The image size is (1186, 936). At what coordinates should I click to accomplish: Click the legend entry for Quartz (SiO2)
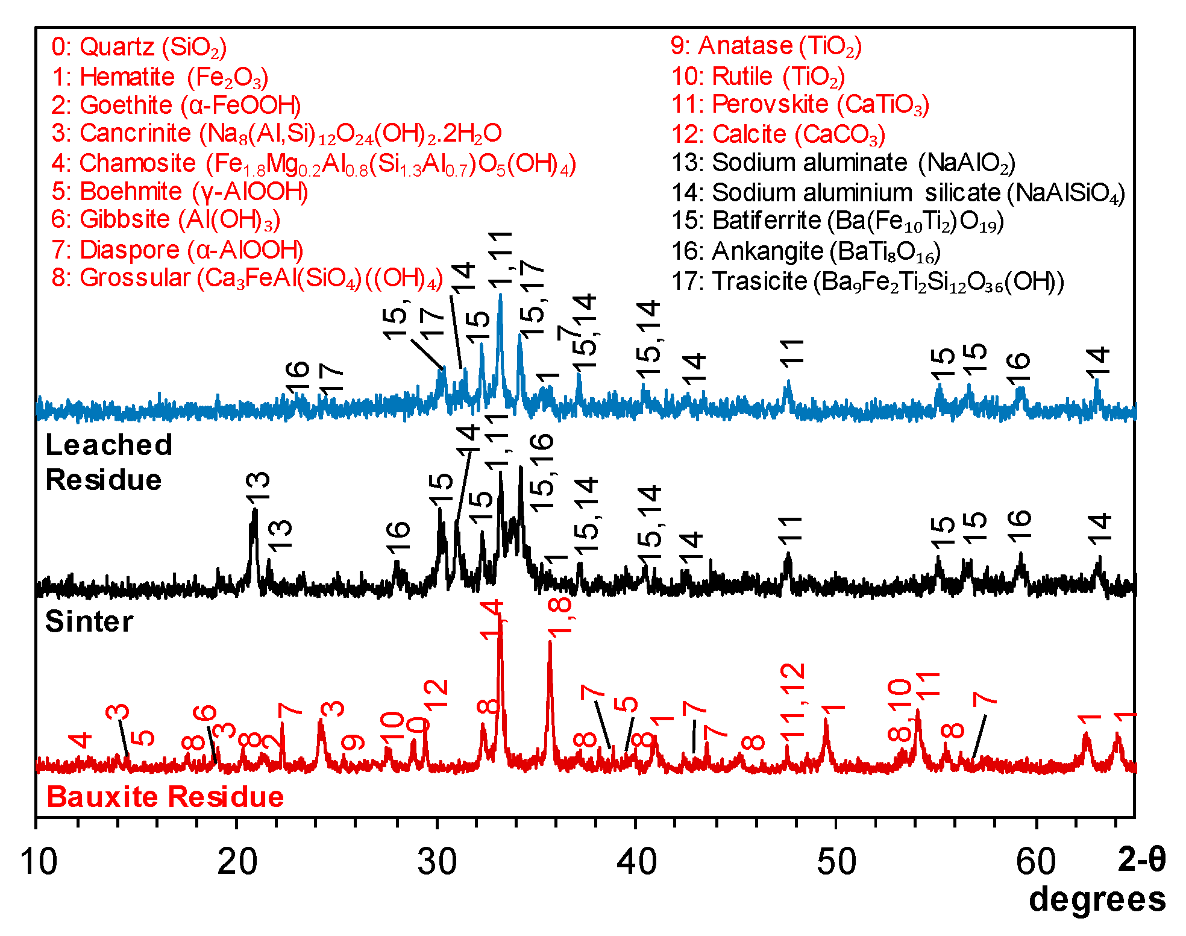[x=139, y=47]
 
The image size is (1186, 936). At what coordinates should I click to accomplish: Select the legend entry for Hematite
[x=159, y=77]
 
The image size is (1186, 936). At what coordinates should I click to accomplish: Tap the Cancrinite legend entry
[x=276, y=133]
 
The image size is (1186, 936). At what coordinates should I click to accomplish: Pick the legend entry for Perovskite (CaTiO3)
[x=800, y=105]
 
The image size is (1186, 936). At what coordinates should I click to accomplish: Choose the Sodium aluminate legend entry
[x=843, y=163]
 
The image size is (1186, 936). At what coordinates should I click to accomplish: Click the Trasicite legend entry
[x=867, y=281]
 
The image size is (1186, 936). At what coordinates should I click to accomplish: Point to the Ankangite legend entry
[x=806, y=251]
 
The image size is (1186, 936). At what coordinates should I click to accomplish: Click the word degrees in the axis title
[x=1097, y=899]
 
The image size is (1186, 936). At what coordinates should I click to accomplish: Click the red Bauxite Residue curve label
[x=165, y=797]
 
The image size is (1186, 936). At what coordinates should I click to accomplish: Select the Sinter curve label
[x=89, y=621]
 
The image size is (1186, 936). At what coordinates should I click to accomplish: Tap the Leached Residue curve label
[x=108, y=462]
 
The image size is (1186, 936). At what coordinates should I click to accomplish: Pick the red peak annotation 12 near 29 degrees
[x=436, y=694]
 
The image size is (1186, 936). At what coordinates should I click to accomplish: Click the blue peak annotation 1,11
[x=500, y=259]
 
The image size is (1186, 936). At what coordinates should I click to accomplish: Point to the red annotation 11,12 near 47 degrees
[x=792, y=700]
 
